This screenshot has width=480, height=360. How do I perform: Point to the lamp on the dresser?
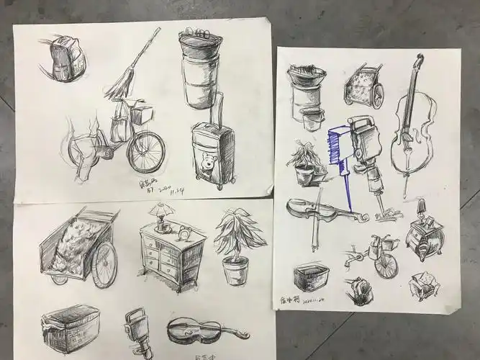[x=160, y=215]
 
